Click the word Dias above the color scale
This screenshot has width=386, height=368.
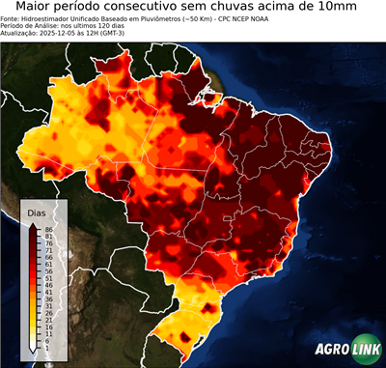pos(37,212)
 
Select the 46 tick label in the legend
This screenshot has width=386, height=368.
pos(47,279)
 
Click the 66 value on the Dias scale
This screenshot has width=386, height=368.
pos(47,255)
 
